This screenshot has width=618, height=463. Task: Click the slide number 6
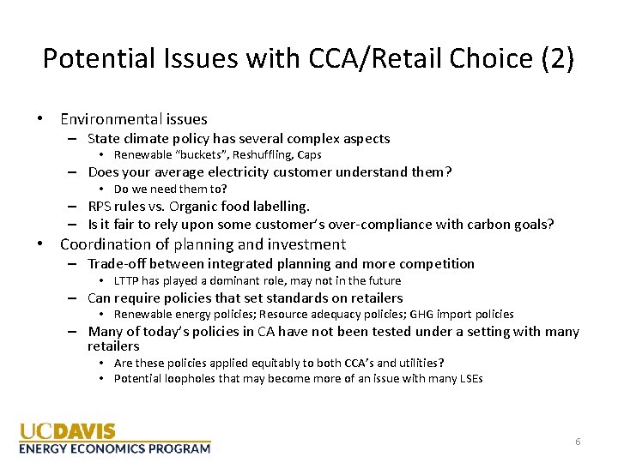tap(578, 442)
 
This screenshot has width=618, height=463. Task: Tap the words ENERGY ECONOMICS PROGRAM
tap(114, 448)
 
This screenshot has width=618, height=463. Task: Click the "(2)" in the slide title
tap(555, 58)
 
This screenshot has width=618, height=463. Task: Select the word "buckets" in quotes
tap(203, 155)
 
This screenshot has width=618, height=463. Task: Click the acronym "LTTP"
tap(127, 280)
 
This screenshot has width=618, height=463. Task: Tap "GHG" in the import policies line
tap(410, 314)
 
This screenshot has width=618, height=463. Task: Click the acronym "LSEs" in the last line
tap(469, 378)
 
